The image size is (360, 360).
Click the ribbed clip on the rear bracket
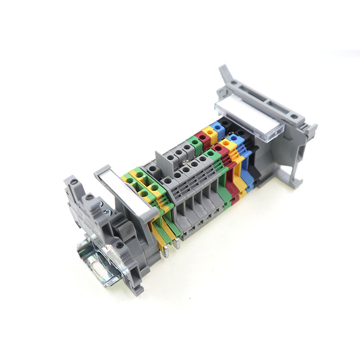coord(308,130)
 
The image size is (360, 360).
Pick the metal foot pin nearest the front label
coord(165,251)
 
